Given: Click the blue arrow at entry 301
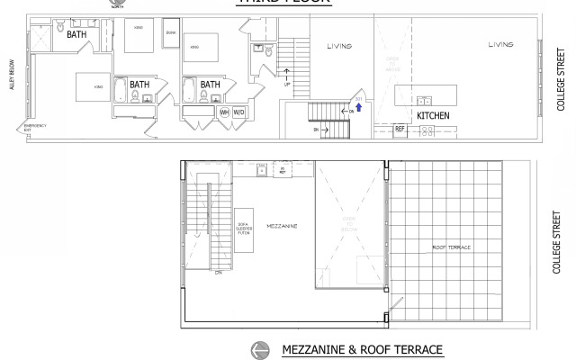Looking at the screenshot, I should [359, 106].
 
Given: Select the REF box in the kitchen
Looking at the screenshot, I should [400, 129].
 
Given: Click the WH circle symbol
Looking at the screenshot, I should [224, 112].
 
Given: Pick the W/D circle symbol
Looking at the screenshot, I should [239, 112].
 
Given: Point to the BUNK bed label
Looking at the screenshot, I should [171, 32].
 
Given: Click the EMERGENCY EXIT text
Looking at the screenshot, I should [34, 127].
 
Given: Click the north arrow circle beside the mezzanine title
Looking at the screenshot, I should [260, 349].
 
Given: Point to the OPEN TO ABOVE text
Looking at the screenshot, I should [391, 62].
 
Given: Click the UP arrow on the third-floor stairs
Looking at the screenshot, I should [288, 77].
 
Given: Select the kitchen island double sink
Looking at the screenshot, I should [424, 100].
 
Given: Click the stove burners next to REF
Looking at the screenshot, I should [428, 130].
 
